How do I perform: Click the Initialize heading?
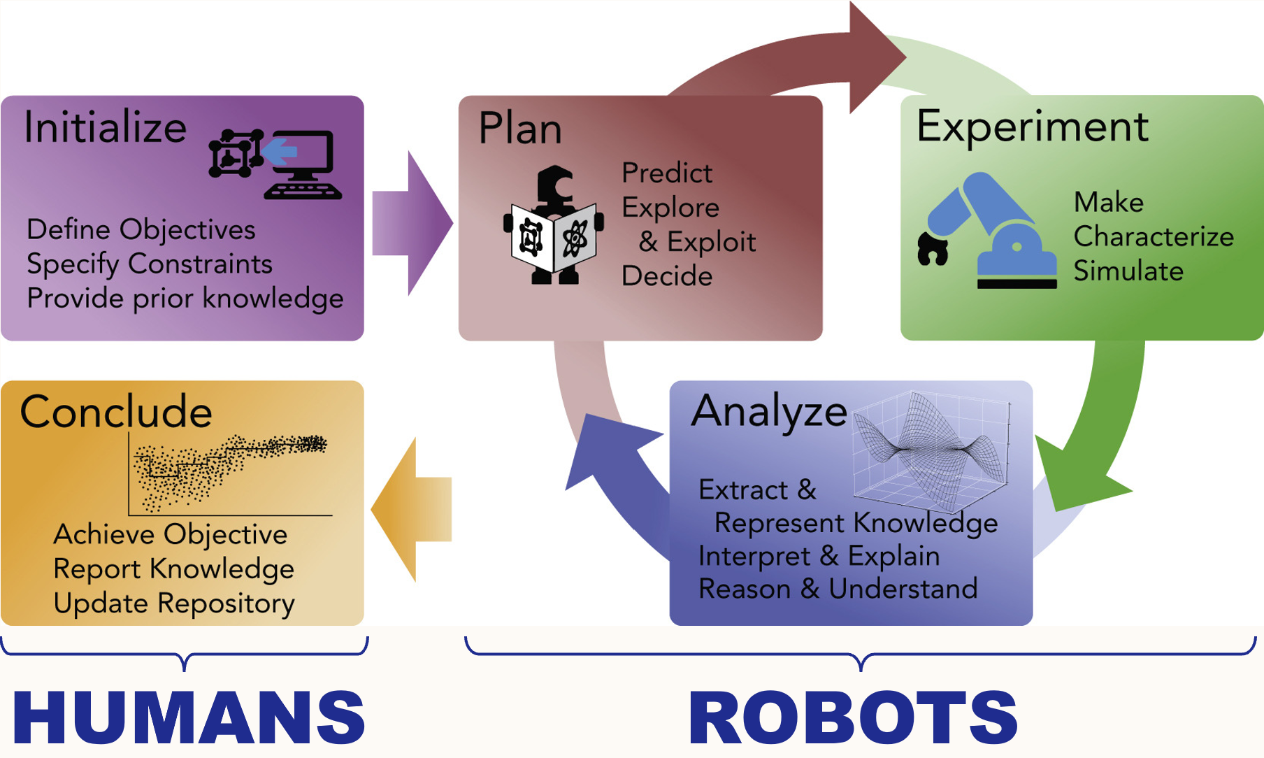point(105,128)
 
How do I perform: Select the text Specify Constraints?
point(149,264)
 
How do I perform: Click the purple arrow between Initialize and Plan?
point(412,223)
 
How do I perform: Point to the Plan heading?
point(520,129)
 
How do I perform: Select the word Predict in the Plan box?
point(667,173)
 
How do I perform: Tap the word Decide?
point(667,276)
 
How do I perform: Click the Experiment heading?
point(1032,127)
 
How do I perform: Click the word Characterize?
point(1153,236)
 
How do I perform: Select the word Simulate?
point(1128,271)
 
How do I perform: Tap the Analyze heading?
point(769,411)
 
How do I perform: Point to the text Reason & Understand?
point(838,589)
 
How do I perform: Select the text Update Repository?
point(173,603)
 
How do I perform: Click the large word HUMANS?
point(189,717)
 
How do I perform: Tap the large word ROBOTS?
point(853,717)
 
